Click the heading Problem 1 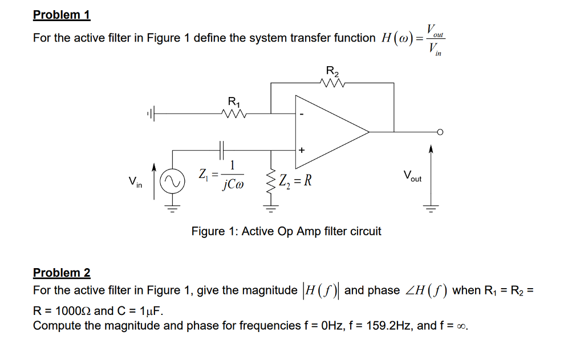pyautogui.click(x=62, y=15)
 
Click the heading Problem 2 pyautogui.click(x=62, y=273)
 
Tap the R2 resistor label pyautogui.click(x=332, y=72)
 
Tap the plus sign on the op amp pyautogui.click(x=302, y=150)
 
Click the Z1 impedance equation pyautogui.click(x=221, y=175)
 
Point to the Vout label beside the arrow pyautogui.click(x=412, y=176)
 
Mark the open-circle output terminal pyautogui.click(x=440, y=132)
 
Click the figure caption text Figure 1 pyautogui.click(x=286, y=231)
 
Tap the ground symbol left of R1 pyautogui.click(x=150, y=114)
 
